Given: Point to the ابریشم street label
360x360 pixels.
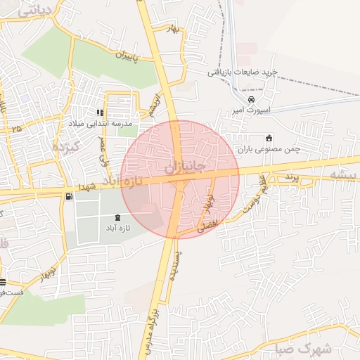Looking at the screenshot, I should tap(153, 104).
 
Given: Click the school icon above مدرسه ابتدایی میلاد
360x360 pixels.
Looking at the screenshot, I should tap(101, 112).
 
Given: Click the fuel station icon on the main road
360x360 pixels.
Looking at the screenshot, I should tap(68, 197).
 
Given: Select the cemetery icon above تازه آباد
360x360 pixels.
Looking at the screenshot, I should tap(117, 217).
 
